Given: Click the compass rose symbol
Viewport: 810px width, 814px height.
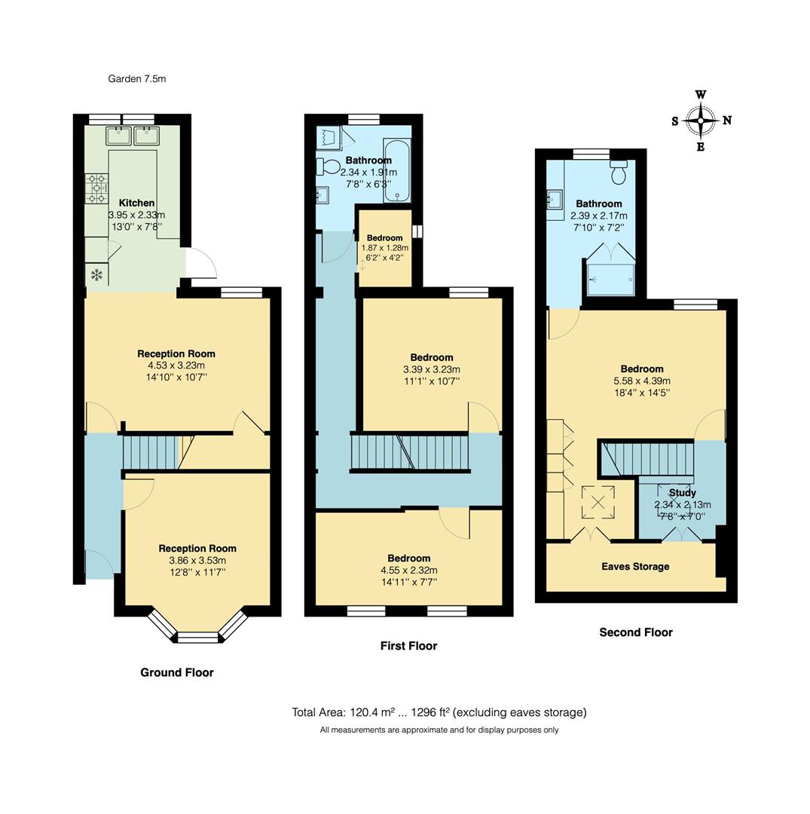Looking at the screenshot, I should [x=701, y=121].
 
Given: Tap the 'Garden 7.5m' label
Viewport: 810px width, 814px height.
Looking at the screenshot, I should [x=136, y=78].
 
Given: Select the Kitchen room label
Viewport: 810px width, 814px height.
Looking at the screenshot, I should [x=136, y=203].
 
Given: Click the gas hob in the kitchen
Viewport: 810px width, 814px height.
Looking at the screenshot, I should [x=97, y=188].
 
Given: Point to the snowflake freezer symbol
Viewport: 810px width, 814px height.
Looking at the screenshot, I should [x=96, y=274].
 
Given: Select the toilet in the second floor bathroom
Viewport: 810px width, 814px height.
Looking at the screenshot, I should [x=620, y=173].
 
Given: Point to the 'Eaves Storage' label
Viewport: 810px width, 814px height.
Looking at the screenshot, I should [x=634, y=567].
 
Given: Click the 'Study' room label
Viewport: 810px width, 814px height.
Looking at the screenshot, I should [x=682, y=493].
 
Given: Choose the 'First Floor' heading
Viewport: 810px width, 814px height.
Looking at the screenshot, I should [x=408, y=646].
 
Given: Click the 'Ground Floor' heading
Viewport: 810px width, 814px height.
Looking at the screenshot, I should [x=177, y=672].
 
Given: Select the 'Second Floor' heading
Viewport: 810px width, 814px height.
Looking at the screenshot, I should [x=635, y=632].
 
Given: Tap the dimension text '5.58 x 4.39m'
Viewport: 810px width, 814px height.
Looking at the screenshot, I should [x=641, y=381].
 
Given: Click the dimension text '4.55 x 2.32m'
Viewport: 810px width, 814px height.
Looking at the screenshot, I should [x=410, y=570].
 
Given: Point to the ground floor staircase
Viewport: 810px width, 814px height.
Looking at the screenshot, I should [x=151, y=452].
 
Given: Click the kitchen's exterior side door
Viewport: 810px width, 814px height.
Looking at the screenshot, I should [x=202, y=264].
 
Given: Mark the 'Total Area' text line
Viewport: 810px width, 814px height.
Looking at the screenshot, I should [x=439, y=712].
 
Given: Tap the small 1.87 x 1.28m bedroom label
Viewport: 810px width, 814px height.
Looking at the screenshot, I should [x=384, y=238].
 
